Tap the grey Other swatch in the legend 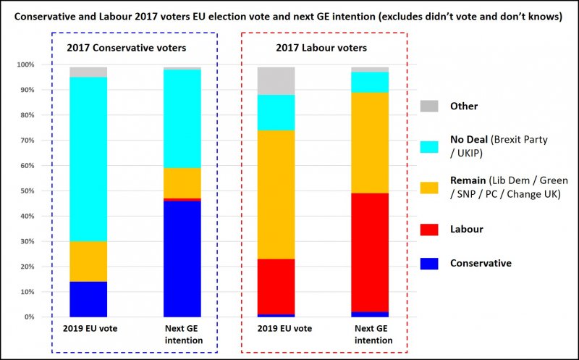(430, 106)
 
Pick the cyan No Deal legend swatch (430, 146)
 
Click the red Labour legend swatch (430, 229)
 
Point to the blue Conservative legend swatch (430, 263)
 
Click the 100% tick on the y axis (25, 65)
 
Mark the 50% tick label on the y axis (26, 191)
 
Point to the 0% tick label (28, 317)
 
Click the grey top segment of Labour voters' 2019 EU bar (276, 81)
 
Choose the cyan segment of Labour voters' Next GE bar (371, 82)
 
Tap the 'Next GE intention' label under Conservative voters (182, 334)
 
